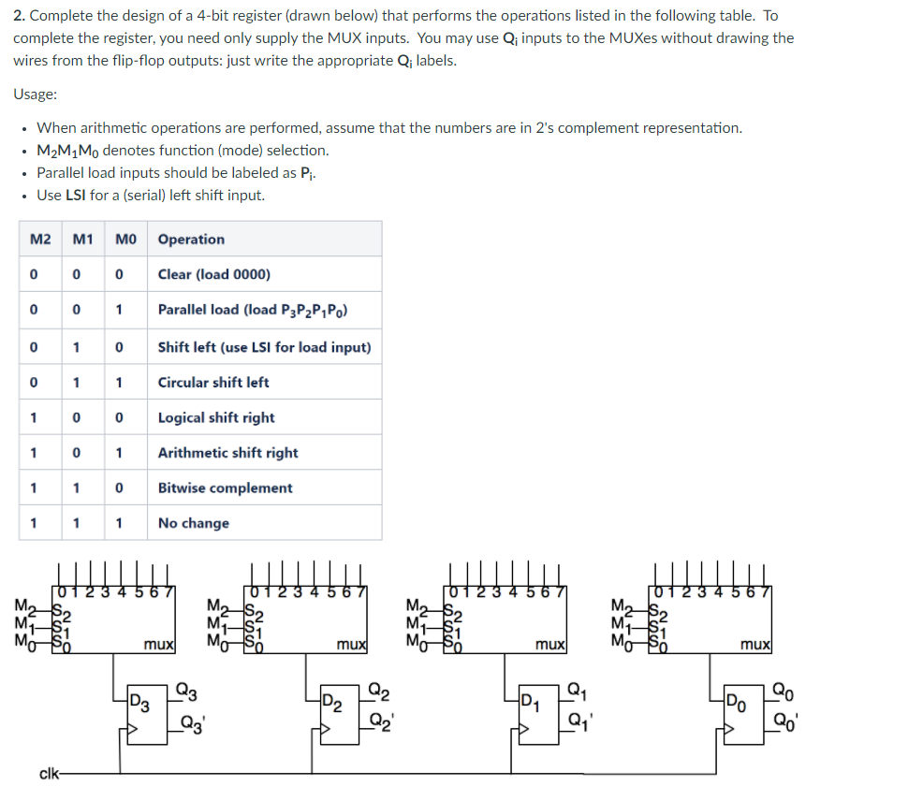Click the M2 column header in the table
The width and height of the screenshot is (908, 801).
tap(40, 240)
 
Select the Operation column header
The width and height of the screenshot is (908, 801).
tap(191, 240)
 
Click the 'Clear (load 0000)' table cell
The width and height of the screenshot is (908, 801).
tap(214, 274)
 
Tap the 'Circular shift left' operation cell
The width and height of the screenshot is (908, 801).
tap(213, 382)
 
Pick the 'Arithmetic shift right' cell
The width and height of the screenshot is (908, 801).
tap(227, 453)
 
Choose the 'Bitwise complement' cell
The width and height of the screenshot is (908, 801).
tap(225, 488)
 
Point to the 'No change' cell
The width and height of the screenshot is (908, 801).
tap(193, 523)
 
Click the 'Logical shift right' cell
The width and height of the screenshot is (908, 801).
tap(216, 417)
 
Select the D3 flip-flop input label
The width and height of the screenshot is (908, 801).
tap(139, 701)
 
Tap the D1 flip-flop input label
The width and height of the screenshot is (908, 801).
tap(531, 701)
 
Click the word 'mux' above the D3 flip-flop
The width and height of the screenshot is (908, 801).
tap(156, 645)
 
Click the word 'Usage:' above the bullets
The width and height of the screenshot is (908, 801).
tap(36, 95)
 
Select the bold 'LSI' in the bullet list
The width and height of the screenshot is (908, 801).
tap(76, 196)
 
